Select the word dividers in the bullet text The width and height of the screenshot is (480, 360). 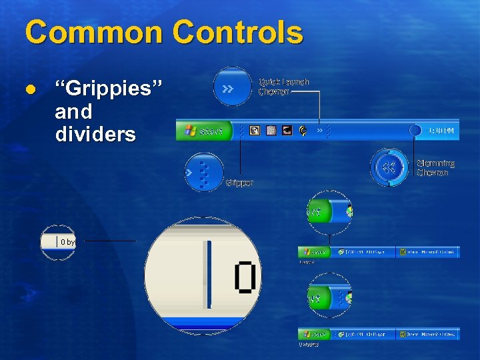pos(95,134)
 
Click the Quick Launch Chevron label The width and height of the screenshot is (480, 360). pos(283,87)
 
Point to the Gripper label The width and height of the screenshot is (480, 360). pos(239,183)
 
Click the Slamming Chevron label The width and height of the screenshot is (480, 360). pos(435,168)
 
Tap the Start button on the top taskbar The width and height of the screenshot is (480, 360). pos(204,131)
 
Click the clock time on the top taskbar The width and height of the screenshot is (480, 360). pos(441,131)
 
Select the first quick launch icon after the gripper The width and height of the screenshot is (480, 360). pos(254,131)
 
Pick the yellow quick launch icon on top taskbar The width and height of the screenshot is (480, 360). pos(303,131)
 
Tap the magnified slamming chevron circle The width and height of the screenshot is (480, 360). pos(389,167)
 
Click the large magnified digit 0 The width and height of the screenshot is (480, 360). pos(245,277)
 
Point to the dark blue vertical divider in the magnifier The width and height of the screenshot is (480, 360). pos(209,273)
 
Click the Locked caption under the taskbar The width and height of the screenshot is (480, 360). pos(307,262)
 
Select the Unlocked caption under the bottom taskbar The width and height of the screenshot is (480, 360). pos(308,344)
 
